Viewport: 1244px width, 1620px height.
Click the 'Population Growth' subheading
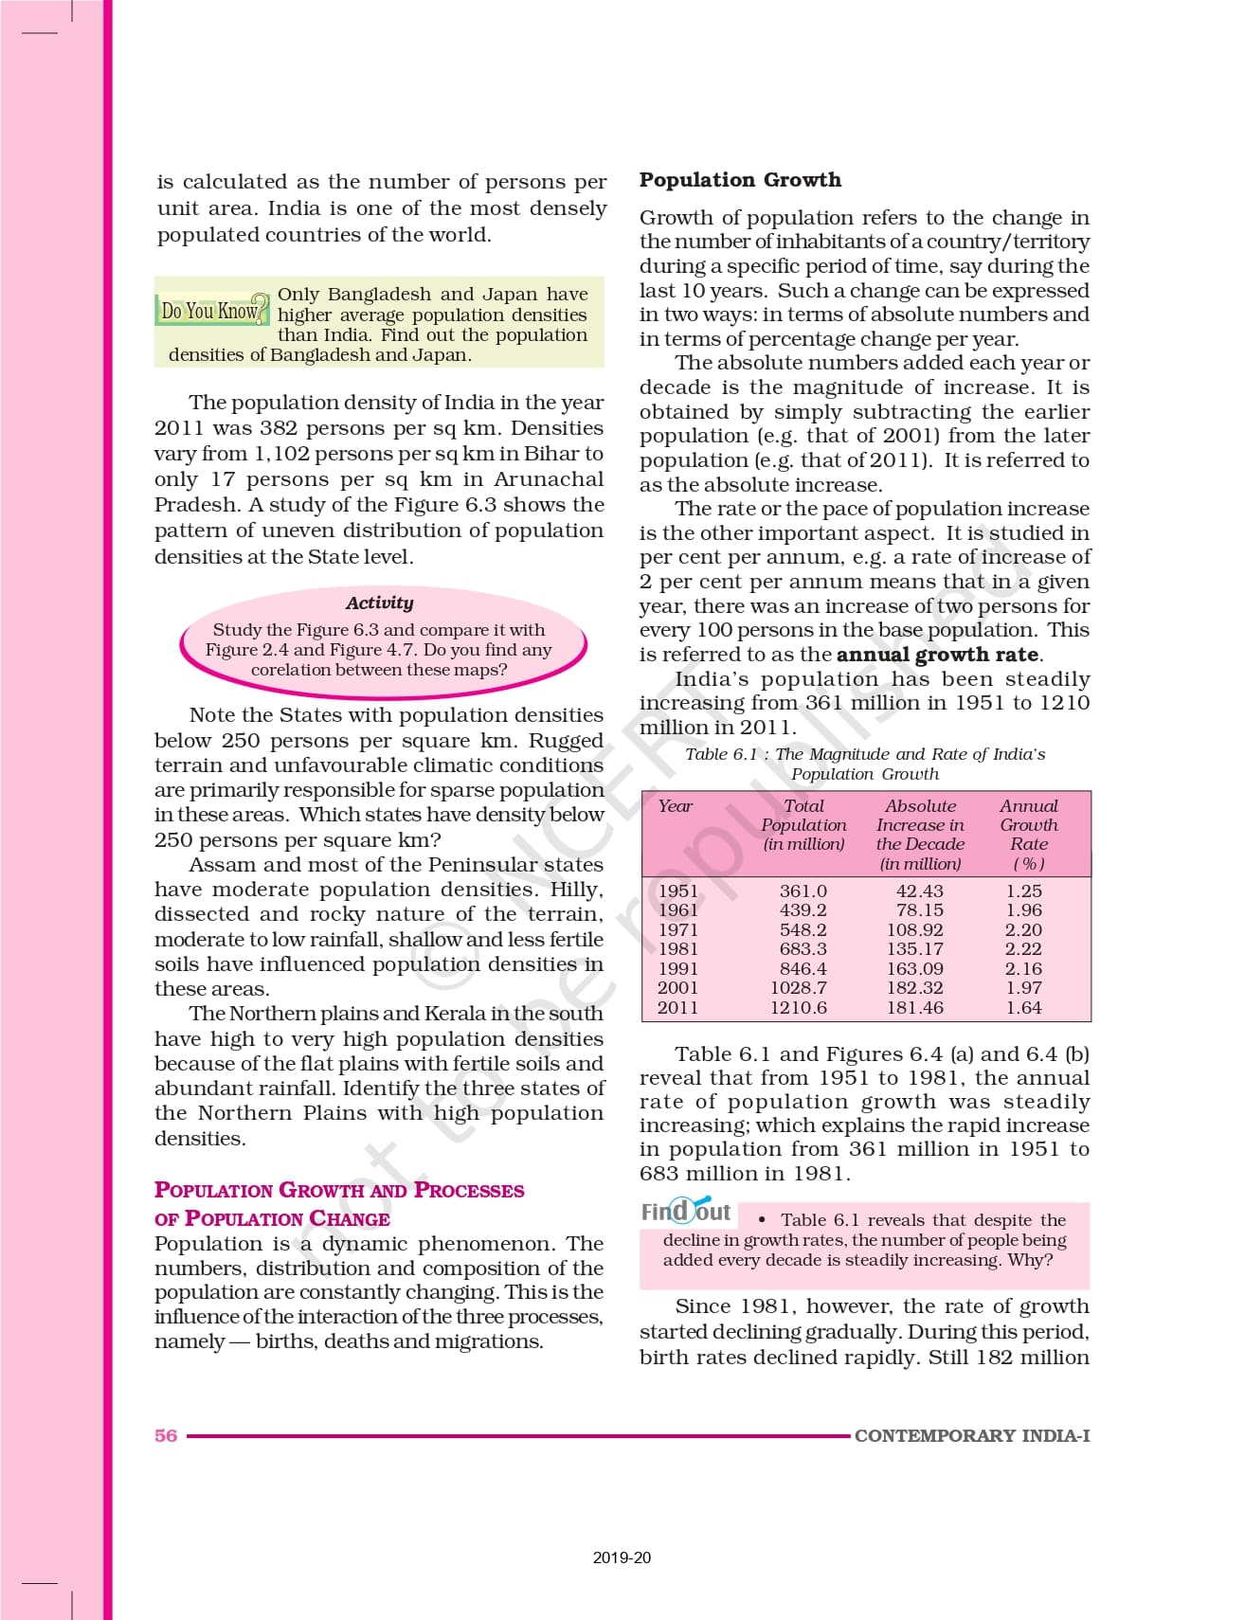(x=739, y=180)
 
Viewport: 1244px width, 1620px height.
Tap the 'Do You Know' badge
(x=211, y=311)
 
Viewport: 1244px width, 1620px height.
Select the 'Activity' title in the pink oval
(x=379, y=603)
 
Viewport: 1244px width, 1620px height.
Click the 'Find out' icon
(x=686, y=1212)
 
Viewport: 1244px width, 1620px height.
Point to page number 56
(x=166, y=1435)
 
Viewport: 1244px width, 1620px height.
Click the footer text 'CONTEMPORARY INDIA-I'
(x=971, y=1435)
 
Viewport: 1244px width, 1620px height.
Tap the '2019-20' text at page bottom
(x=622, y=1557)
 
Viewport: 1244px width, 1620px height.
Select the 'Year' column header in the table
(x=675, y=806)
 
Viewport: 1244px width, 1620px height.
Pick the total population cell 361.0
(x=802, y=891)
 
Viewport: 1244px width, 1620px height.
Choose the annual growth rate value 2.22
(x=1023, y=949)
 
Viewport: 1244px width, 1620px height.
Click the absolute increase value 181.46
(x=915, y=1008)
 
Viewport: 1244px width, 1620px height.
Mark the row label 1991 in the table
(x=677, y=969)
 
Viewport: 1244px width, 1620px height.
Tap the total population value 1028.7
(x=798, y=988)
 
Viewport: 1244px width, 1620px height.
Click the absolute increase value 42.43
(x=919, y=891)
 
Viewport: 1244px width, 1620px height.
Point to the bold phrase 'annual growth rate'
(x=937, y=655)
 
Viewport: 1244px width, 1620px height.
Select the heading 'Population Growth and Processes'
(x=339, y=1191)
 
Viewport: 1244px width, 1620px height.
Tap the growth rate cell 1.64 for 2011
(x=1023, y=1008)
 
